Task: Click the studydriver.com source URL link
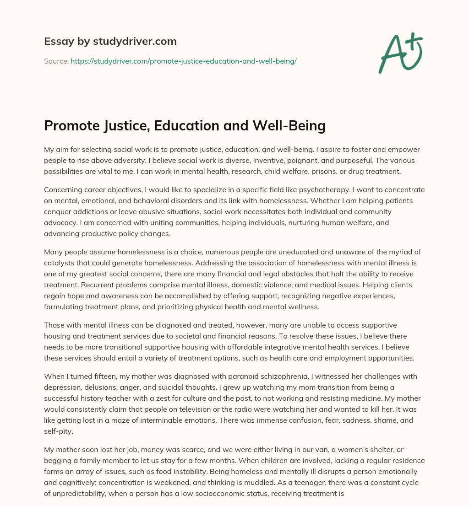pos(183,61)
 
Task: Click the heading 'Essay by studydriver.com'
pos(110,41)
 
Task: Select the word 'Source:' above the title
pos(56,61)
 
